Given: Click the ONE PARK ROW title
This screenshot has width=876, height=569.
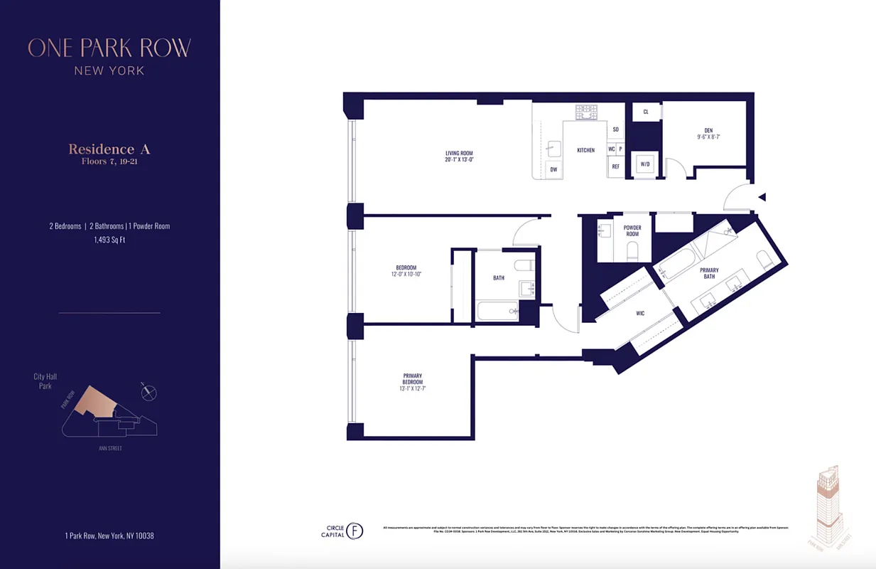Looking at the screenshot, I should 109,48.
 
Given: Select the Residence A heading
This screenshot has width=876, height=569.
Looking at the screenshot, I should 109,149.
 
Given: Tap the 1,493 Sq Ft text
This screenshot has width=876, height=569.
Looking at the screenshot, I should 109,240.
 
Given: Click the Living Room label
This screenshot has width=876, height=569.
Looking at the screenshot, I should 459,153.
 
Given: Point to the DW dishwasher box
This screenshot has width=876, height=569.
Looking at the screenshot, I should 554,169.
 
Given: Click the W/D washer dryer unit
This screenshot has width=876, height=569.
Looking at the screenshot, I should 645,164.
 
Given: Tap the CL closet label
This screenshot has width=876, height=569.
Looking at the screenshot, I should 646,112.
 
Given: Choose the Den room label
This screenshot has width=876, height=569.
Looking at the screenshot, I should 708,131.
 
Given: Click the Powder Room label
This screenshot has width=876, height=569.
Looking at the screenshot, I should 632,231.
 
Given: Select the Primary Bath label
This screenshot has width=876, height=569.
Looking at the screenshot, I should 709,273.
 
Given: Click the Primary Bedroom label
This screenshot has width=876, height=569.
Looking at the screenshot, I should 413,378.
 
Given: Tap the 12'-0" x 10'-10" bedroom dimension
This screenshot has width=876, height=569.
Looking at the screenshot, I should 406,275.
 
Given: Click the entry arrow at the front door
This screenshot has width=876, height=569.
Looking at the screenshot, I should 762,197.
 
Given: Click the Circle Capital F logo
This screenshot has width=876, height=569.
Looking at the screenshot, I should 353,531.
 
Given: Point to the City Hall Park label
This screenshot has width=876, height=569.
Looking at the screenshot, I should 45,381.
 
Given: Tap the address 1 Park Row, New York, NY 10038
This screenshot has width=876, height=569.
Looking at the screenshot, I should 109,536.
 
